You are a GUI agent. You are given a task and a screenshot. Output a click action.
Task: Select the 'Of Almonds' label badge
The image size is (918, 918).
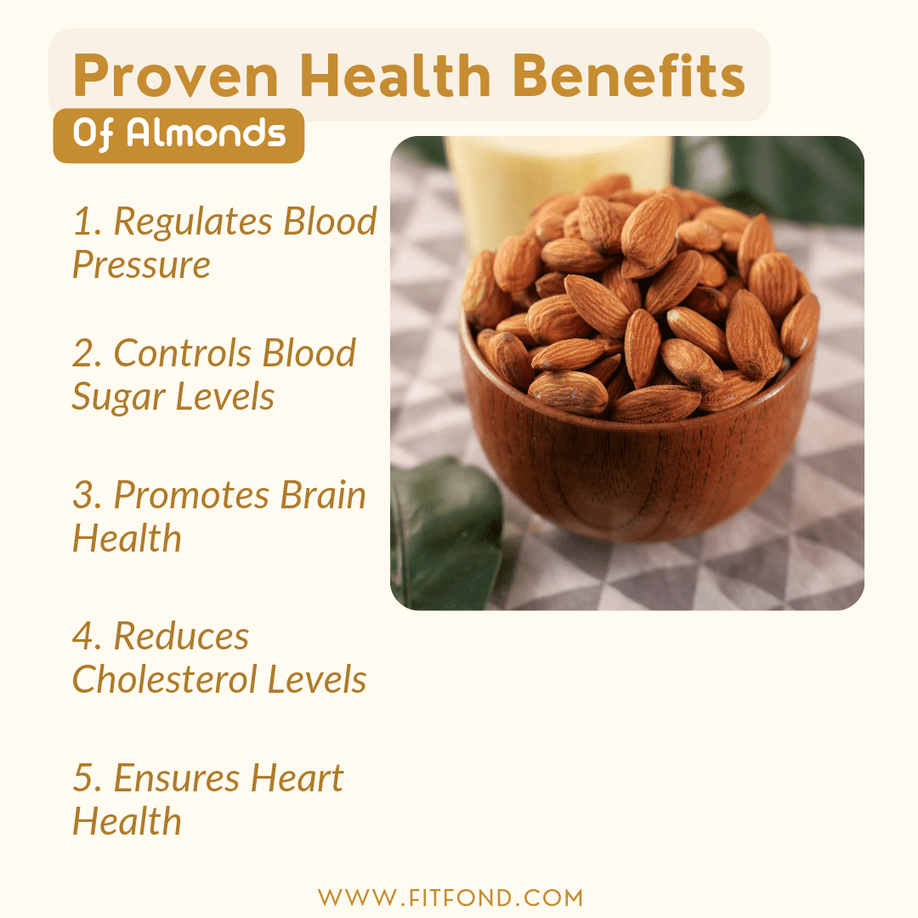click(178, 134)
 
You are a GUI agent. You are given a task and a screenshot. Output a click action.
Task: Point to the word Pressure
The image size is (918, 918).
click(141, 265)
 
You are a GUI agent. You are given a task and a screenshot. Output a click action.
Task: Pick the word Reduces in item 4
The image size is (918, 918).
click(181, 637)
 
